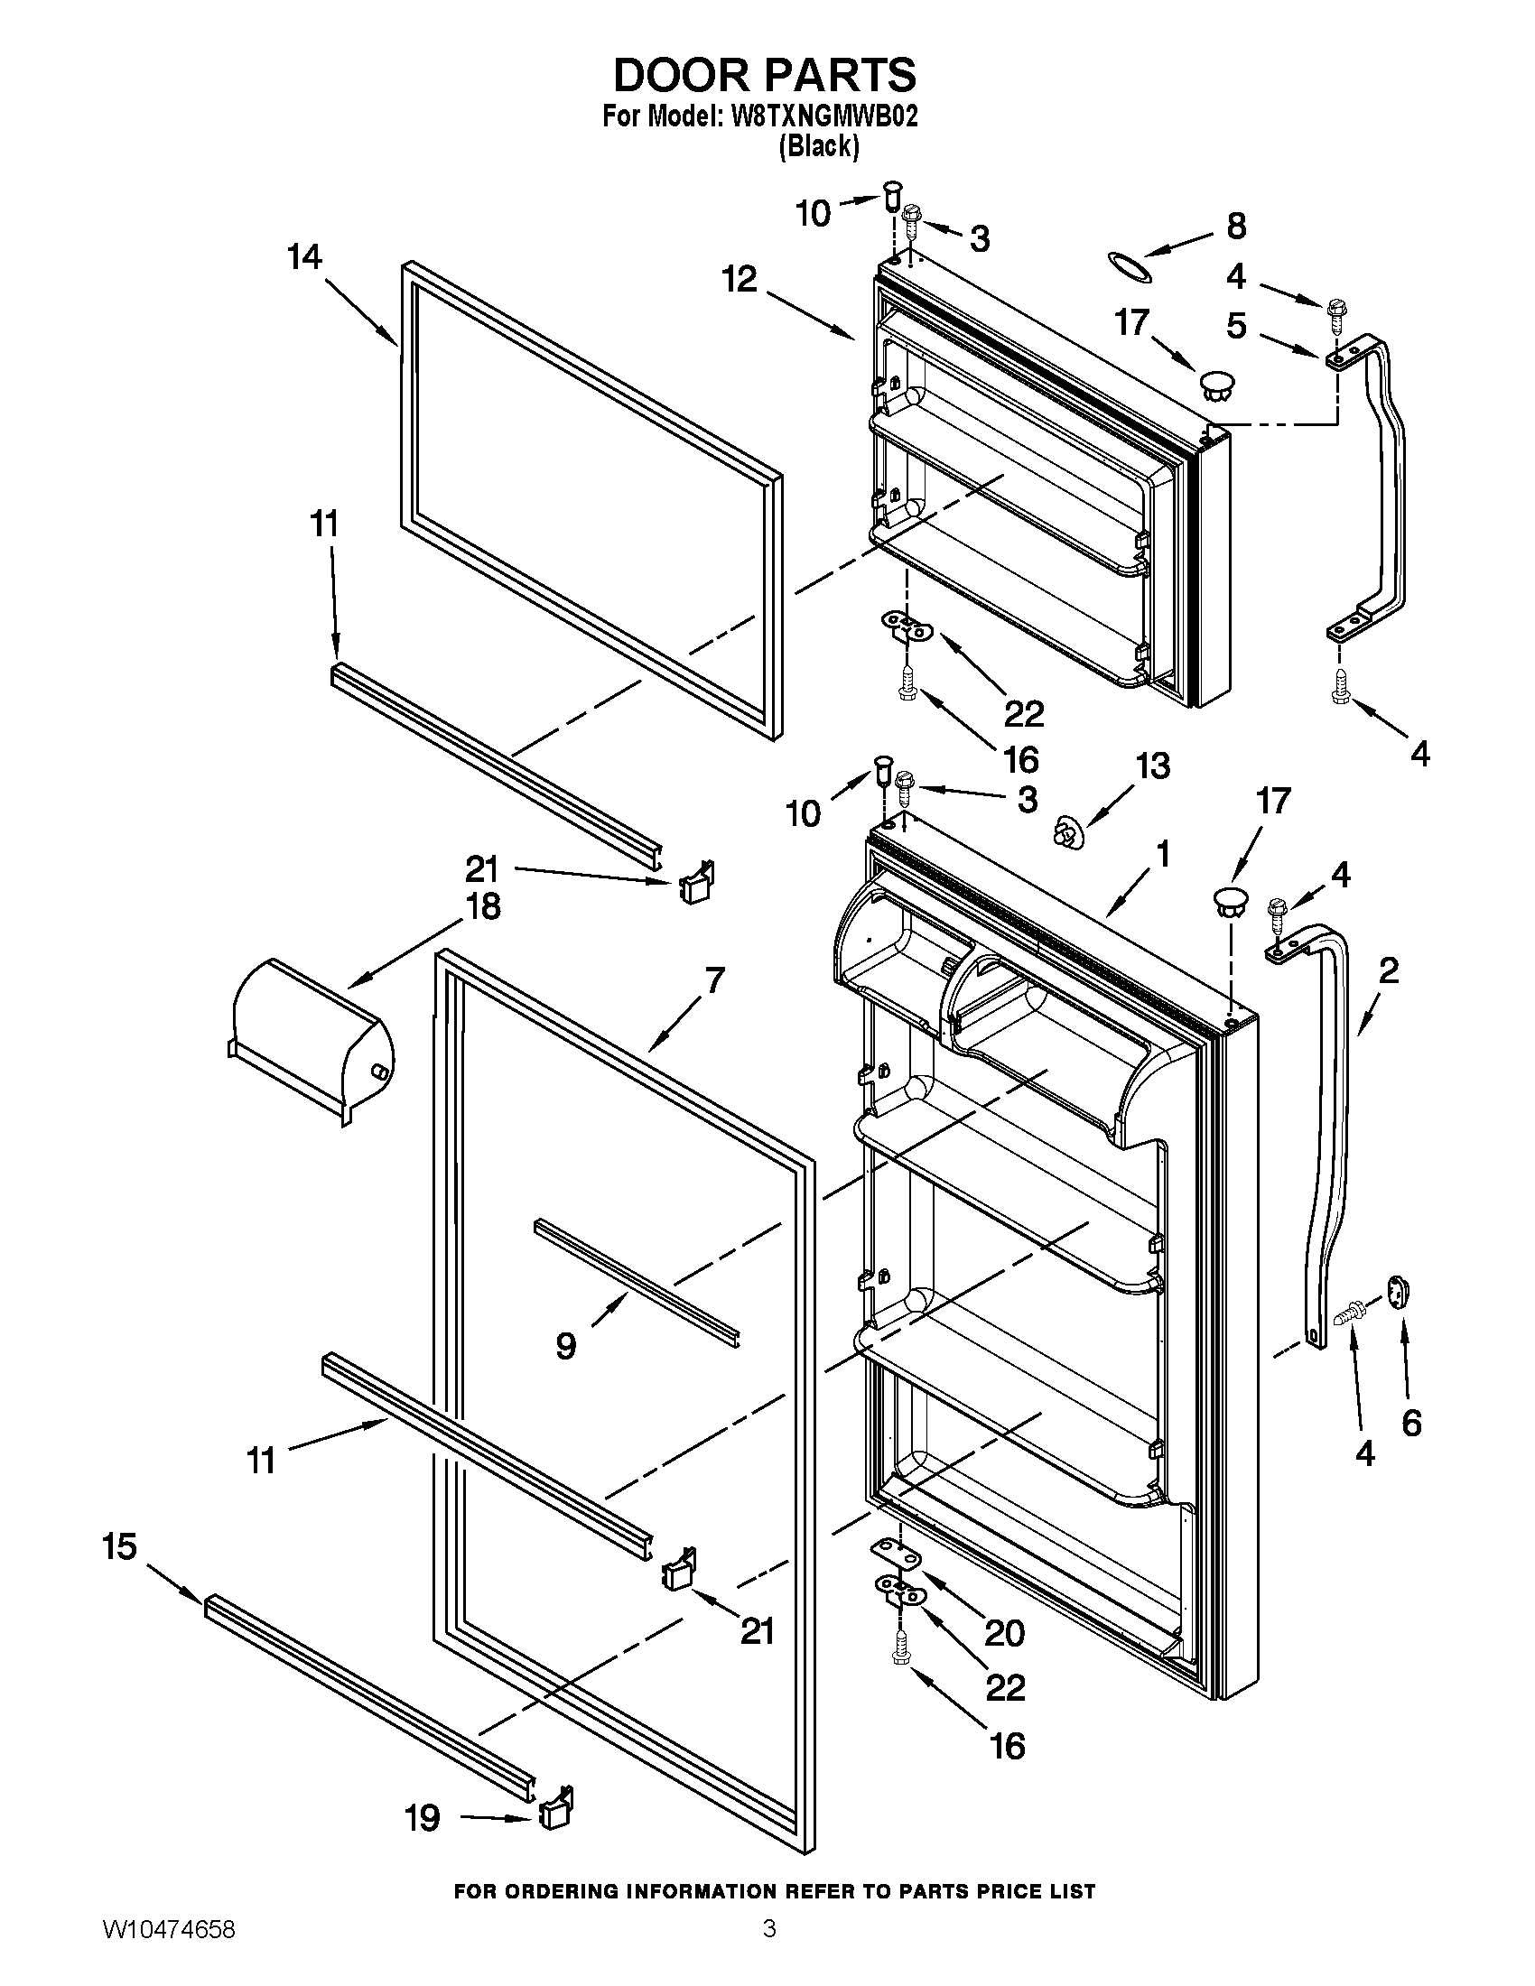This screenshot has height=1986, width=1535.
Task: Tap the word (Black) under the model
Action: tap(818, 145)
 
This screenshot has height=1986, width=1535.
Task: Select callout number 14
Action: tap(304, 257)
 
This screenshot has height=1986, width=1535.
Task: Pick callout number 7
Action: tap(714, 980)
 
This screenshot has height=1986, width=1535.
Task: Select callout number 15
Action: tap(119, 1545)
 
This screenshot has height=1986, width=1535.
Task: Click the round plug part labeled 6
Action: tap(1397, 1291)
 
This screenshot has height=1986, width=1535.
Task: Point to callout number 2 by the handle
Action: tap(1388, 972)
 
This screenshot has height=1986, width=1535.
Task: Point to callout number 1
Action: tap(1161, 854)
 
